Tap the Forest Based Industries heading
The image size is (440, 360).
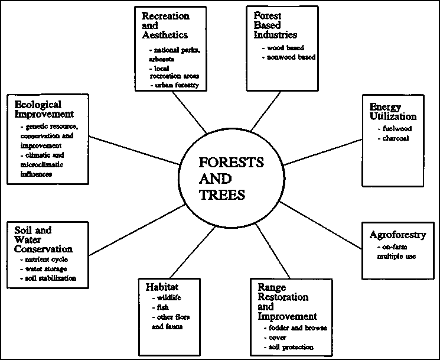(275, 25)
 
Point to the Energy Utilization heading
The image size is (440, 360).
(393, 111)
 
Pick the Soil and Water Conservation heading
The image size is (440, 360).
(43, 240)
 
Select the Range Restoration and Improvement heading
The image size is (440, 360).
(288, 301)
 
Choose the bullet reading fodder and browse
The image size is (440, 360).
(294, 327)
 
